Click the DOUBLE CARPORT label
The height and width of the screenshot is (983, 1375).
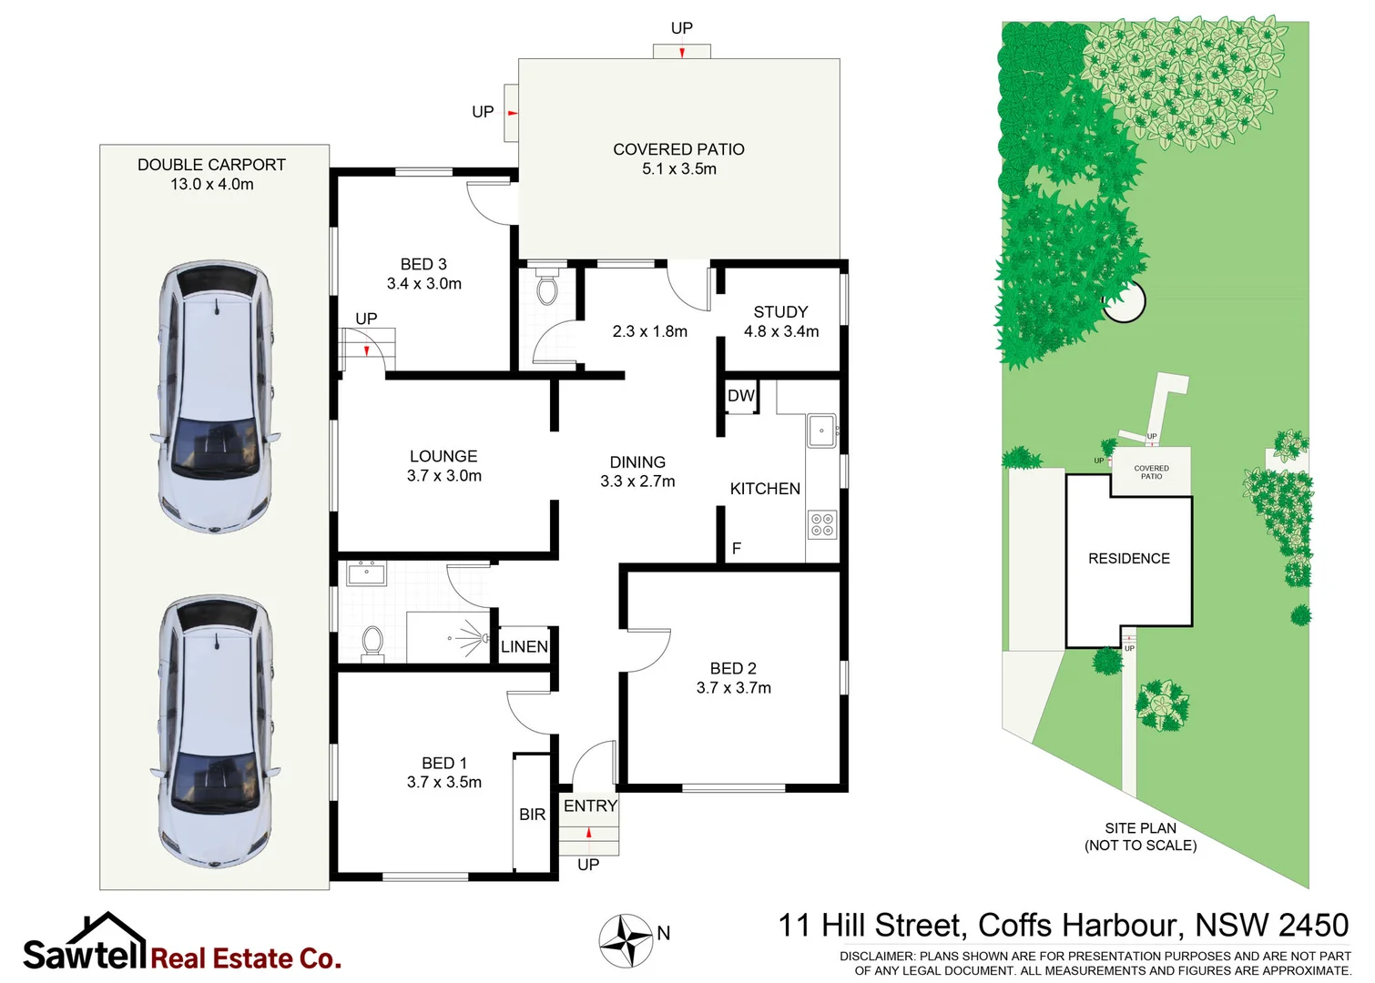pos(211,174)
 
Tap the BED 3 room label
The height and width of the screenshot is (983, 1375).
pos(423,274)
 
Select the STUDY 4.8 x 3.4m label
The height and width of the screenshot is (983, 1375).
pos(780,321)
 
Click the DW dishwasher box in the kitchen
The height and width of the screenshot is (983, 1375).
pos(741,396)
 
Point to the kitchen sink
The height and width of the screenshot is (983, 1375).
pos(821,431)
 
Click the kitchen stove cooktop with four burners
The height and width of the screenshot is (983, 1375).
pos(821,524)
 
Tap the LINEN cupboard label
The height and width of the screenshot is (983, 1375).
pos(525,646)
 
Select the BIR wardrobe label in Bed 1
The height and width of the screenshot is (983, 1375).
pos(532,815)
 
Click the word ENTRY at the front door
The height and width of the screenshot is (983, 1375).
pos(590,806)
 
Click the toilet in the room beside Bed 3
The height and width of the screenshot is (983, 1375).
pos(546,289)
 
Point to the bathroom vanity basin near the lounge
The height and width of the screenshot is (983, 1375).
pos(367,573)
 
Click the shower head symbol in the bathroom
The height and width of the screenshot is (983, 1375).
pos(471,636)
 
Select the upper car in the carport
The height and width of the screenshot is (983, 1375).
pos(216,396)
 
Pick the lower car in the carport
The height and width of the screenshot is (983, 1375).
pos(216,731)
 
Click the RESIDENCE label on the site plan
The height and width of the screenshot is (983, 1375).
pos(1128,558)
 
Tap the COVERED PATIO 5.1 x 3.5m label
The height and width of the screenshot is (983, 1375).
pos(678,158)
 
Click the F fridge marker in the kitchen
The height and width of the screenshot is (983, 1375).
pos(736,548)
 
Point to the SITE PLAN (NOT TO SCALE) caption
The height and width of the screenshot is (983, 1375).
pos(1140,836)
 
